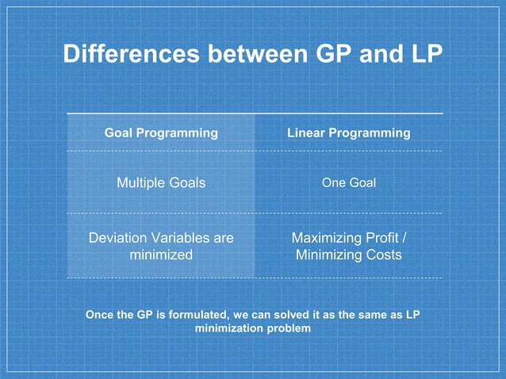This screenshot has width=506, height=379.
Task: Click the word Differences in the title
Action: click(132, 55)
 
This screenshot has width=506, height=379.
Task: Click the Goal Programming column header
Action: click(161, 133)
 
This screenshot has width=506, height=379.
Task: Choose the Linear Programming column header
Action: click(348, 133)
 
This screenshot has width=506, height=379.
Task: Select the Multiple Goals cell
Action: click(161, 183)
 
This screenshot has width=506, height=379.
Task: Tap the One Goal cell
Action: click(348, 183)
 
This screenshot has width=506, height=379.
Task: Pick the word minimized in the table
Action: click(161, 255)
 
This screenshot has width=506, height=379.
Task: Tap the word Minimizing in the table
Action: click(329, 255)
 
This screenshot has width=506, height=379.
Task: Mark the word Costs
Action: click(385, 255)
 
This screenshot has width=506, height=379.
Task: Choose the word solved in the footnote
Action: click(278, 315)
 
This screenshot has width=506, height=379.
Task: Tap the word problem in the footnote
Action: click(287, 328)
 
